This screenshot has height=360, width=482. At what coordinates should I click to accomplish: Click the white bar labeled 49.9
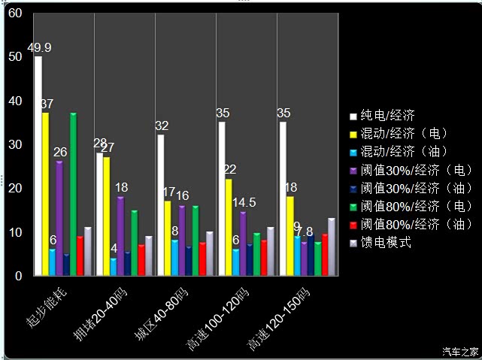click(x=38, y=165)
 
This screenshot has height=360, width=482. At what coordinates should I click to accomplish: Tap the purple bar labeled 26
click(x=59, y=218)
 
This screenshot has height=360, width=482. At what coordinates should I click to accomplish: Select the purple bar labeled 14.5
click(x=242, y=244)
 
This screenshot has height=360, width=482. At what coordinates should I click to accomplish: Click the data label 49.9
click(x=39, y=48)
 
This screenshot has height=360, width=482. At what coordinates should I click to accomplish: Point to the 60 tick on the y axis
click(x=14, y=14)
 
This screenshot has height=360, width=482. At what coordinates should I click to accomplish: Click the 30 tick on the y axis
click(x=14, y=145)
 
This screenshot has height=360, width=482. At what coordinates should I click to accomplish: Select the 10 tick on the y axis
click(x=14, y=232)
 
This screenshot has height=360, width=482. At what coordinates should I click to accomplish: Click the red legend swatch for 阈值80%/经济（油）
click(x=353, y=225)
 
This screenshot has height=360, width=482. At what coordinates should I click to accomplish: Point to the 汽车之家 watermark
click(x=460, y=351)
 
